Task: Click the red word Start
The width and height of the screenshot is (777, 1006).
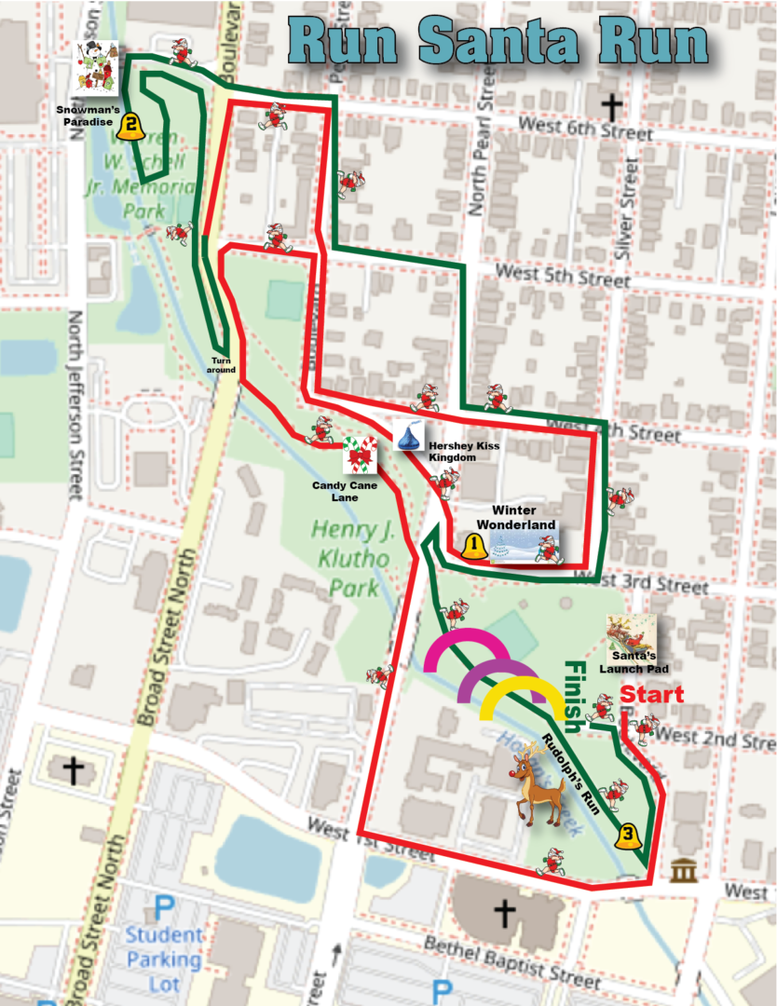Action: click(x=651, y=695)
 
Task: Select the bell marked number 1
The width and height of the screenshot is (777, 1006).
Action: click(x=474, y=546)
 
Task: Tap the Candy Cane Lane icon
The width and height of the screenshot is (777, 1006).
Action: click(x=361, y=455)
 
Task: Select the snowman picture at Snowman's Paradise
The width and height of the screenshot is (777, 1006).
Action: click(x=98, y=68)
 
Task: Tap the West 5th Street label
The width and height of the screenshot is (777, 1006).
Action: click(x=563, y=276)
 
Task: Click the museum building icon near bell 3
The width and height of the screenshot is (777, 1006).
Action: click(x=684, y=872)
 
